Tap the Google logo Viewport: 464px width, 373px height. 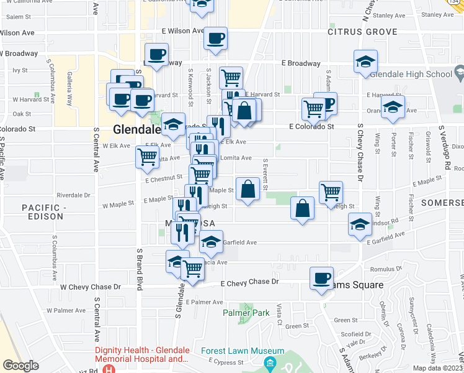coord(20,366)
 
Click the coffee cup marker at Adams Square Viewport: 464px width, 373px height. coord(321,279)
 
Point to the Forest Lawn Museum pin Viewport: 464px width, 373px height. coord(270,362)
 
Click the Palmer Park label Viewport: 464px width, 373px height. coord(246,313)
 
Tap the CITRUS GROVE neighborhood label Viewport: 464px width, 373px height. coord(362,31)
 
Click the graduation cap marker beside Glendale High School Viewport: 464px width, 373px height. coord(366,62)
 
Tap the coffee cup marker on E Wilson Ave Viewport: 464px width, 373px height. coord(215,39)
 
